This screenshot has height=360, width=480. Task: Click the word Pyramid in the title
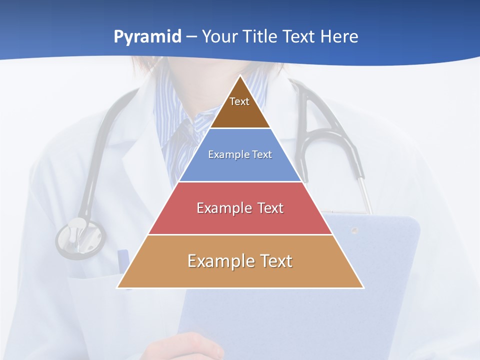(x=147, y=37)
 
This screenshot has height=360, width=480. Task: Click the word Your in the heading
(x=219, y=37)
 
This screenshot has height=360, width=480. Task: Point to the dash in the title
(x=191, y=37)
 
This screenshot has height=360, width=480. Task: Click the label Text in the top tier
(x=239, y=101)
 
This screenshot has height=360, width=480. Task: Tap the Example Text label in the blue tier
(x=240, y=154)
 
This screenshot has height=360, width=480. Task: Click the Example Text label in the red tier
(x=240, y=208)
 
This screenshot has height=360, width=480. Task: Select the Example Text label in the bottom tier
(x=240, y=261)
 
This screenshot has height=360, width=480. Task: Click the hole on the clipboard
(x=354, y=230)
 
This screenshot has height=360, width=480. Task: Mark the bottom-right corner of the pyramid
(x=363, y=287)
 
